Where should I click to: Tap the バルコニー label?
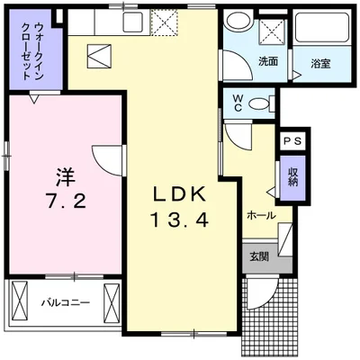coord(66,302)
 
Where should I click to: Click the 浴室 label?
coord(320,64)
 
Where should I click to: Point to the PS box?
coord(293,142)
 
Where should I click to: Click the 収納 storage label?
coord(293,176)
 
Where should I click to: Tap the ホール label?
coord(261,216)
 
